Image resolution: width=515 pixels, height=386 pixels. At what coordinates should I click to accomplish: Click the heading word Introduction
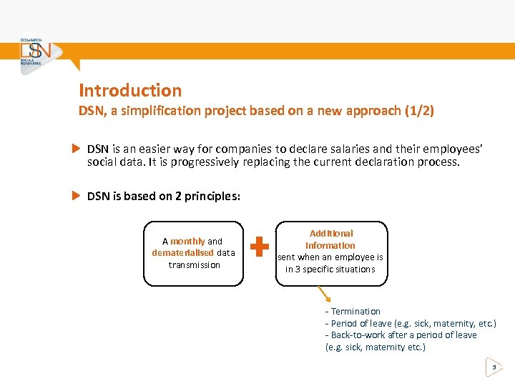130,91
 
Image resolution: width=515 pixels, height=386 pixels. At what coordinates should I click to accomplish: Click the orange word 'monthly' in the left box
187,242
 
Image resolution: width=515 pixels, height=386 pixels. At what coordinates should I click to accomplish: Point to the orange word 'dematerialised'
182,253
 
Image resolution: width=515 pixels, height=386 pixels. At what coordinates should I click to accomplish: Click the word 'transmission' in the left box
194,264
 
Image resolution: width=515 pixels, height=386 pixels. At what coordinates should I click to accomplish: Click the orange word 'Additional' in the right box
331,234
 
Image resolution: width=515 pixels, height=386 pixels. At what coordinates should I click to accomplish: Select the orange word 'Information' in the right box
330,245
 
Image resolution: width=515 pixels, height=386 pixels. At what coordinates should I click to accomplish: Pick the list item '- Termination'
353,312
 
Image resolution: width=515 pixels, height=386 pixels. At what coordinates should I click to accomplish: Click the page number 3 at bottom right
494,367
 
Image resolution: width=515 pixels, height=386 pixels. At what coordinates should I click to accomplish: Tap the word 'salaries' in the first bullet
330,149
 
